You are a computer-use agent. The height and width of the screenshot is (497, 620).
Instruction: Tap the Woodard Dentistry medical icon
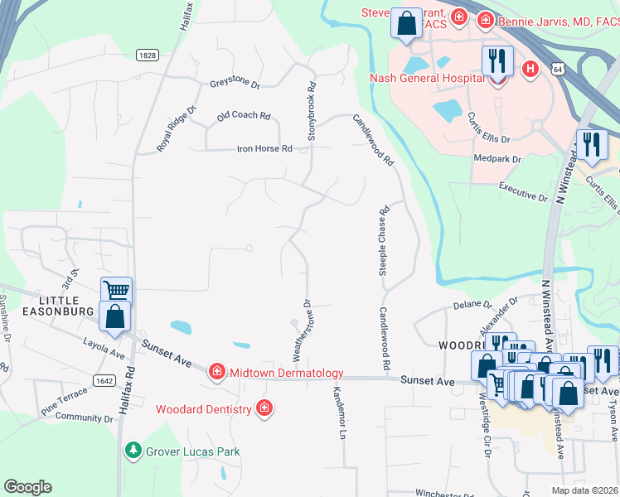click(264, 408)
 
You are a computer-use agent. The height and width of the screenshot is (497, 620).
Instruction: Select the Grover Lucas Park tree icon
click(132, 451)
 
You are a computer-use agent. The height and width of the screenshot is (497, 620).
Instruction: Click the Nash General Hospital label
click(426, 78)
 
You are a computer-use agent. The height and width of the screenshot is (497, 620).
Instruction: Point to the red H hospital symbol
click(530, 69)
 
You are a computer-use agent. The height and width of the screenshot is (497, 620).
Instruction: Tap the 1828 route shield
click(148, 54)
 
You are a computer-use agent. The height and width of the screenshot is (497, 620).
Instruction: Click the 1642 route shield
click(104, 380)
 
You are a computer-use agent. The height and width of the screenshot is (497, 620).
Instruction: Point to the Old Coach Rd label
click(244, 117)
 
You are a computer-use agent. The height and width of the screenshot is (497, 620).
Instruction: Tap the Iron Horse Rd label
click(264, 149)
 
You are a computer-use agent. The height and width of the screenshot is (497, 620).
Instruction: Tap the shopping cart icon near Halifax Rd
click(117, 291)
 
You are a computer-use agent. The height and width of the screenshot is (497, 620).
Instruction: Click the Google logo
click(28, 487)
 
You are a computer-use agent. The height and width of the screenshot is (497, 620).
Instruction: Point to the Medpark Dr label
click(496, 158)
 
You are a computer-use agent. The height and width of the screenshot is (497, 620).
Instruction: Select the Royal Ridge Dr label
click(176, 129)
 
